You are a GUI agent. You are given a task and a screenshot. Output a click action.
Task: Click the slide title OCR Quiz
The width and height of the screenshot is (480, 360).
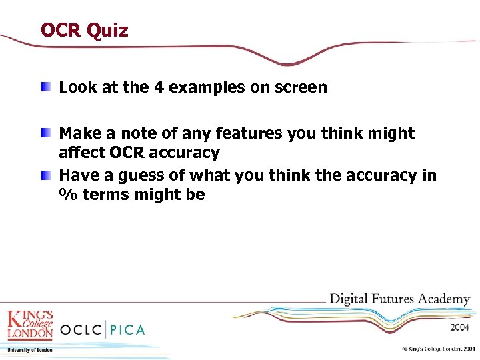pyautogui.click(x=84, y=30)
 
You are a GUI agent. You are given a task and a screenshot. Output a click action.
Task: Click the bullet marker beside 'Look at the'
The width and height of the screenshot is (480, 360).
pyautogui.click(x=45, y=87)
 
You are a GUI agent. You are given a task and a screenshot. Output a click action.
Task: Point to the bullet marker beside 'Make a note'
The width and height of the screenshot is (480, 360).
pyautogui.click(x=45, y=133)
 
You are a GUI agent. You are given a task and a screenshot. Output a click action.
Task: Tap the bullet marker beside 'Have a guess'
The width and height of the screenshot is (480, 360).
pyautogui.click(x=45, y=175)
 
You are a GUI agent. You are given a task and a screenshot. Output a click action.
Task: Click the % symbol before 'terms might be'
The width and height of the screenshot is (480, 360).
pyautogui.click(x=67, y=195)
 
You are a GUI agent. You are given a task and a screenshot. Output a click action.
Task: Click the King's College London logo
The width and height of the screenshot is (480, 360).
pyautogui.click(x=29, y=325)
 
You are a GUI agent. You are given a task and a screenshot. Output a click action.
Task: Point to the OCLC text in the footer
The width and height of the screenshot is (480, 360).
pyautogui.click(x=81, y=329)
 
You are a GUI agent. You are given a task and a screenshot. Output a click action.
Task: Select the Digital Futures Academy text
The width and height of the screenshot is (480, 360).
pyautogui.click(x=400, y=299)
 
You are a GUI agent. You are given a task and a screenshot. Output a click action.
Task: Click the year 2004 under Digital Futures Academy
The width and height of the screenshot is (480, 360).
pyautogui.click(x=459, y=327)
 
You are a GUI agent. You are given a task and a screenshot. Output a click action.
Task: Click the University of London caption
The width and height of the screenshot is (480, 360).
pyautogui.click(x=29, y=349)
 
